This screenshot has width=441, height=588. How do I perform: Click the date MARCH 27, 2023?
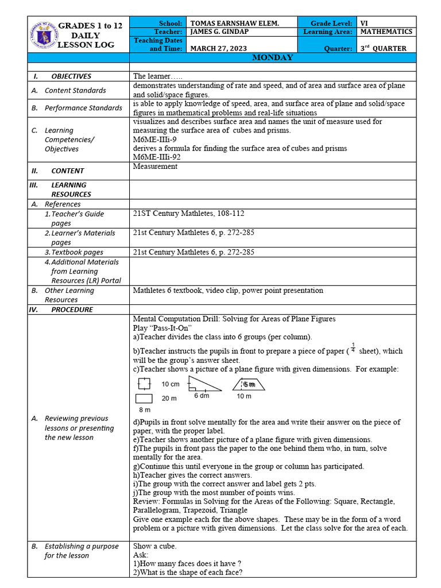click(x=216, y=49)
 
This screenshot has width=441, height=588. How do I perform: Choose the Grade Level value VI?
click(x=364, y=23)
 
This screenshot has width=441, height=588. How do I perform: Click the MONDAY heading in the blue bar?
click(x=273, y=58)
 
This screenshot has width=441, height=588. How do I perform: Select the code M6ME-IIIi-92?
click(x=156, y=157)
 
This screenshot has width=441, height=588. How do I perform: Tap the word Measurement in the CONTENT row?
click(x=155, y=167)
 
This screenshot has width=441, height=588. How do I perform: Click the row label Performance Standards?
click(x=83, y=108)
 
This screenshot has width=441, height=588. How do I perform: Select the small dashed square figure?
click(x=144, y=384)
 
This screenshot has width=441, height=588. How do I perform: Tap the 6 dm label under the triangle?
click(x=202, y=396)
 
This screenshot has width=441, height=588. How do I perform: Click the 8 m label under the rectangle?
click(x=144, y=410)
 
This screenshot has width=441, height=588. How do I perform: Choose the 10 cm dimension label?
click(x=171, y=384)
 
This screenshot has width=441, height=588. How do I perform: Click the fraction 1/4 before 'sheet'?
click(x=353, y=347)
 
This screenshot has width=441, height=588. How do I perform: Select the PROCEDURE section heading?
click(x=72, y=310)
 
